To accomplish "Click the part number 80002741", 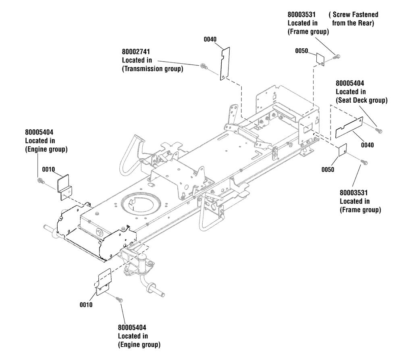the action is point(136,52).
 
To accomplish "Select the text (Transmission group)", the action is point(153,69).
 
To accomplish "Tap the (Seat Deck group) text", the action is point(361,100).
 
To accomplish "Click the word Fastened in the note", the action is point(365,14).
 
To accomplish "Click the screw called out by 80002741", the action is point(203,66).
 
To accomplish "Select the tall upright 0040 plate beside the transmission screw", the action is point(225,64).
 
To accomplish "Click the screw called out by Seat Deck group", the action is point(378,130).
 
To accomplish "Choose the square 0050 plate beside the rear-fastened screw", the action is point(320,59).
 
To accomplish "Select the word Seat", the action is point(345,100).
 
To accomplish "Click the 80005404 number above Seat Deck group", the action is point(350,83).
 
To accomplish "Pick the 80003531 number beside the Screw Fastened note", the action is point(301,14).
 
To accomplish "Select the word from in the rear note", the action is point(339,23).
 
